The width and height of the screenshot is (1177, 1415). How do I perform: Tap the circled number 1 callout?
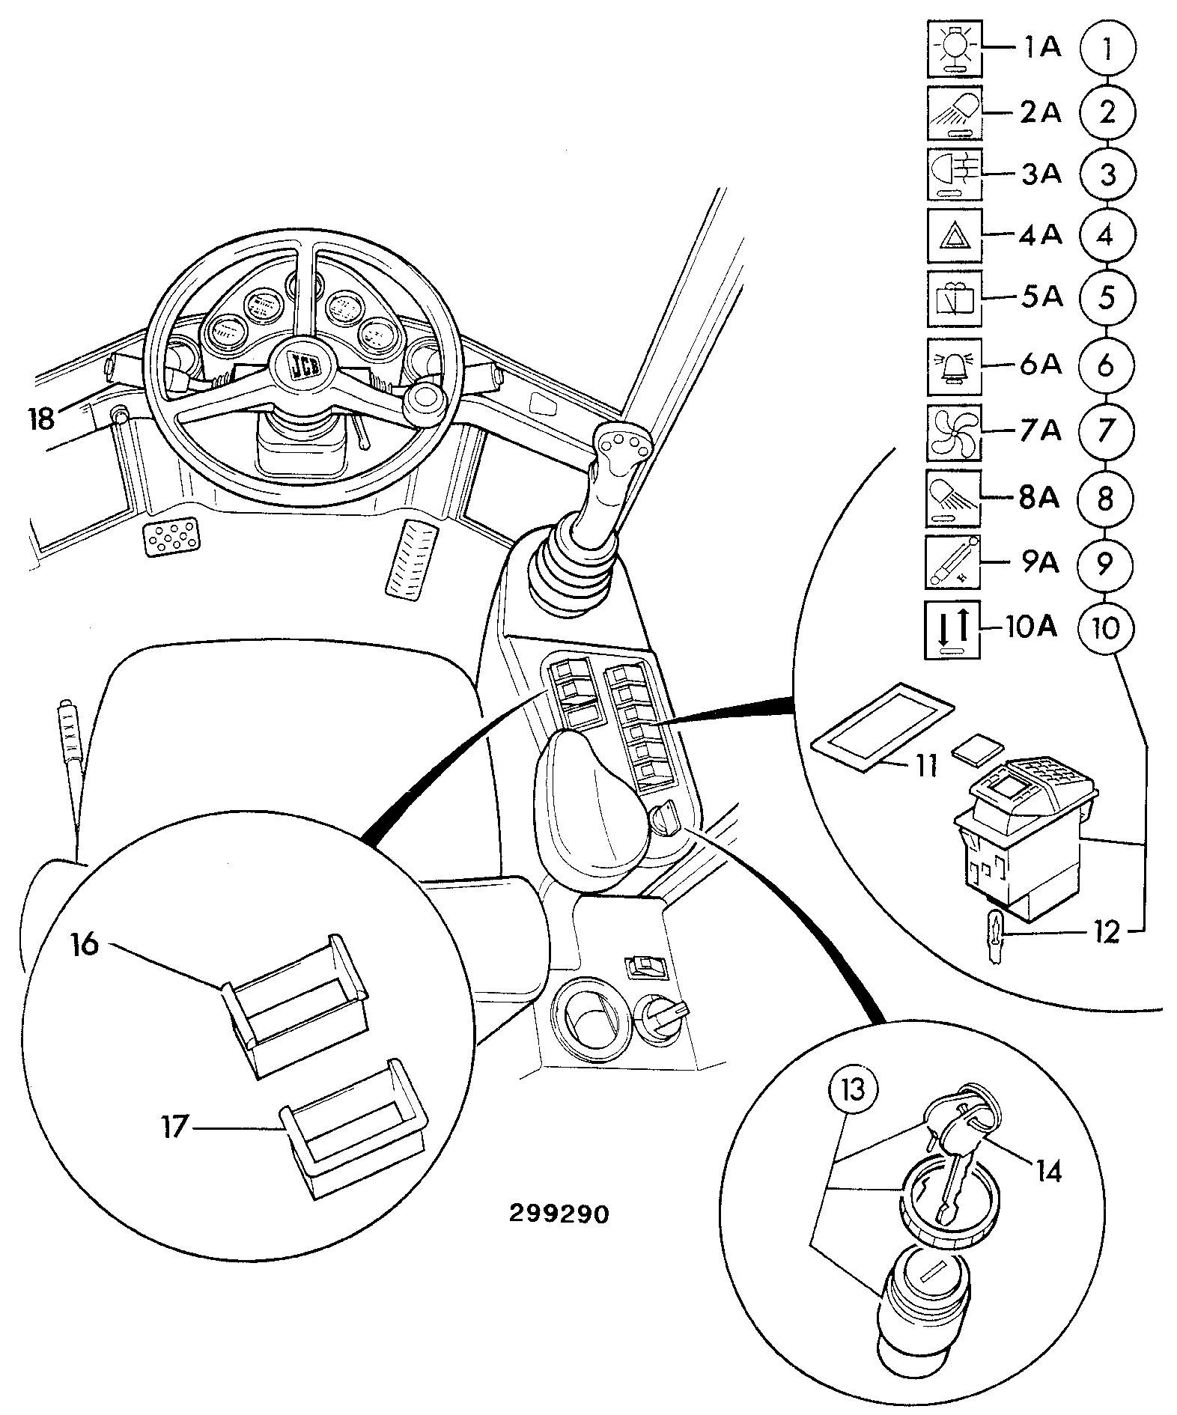pos(1107,49)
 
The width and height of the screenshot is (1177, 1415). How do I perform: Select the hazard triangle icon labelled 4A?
pos(954,236)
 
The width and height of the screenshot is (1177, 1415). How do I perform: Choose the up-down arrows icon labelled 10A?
pos(952,630)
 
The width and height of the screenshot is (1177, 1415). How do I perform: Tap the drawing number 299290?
pos(559,1214)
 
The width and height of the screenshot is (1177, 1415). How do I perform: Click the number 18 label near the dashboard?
pos(42,418)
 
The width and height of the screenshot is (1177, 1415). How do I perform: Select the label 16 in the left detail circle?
pos(85,944)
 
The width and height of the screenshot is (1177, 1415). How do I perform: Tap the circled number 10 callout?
pos(1106,627)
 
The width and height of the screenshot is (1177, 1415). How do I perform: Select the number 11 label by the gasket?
pos(927,766)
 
